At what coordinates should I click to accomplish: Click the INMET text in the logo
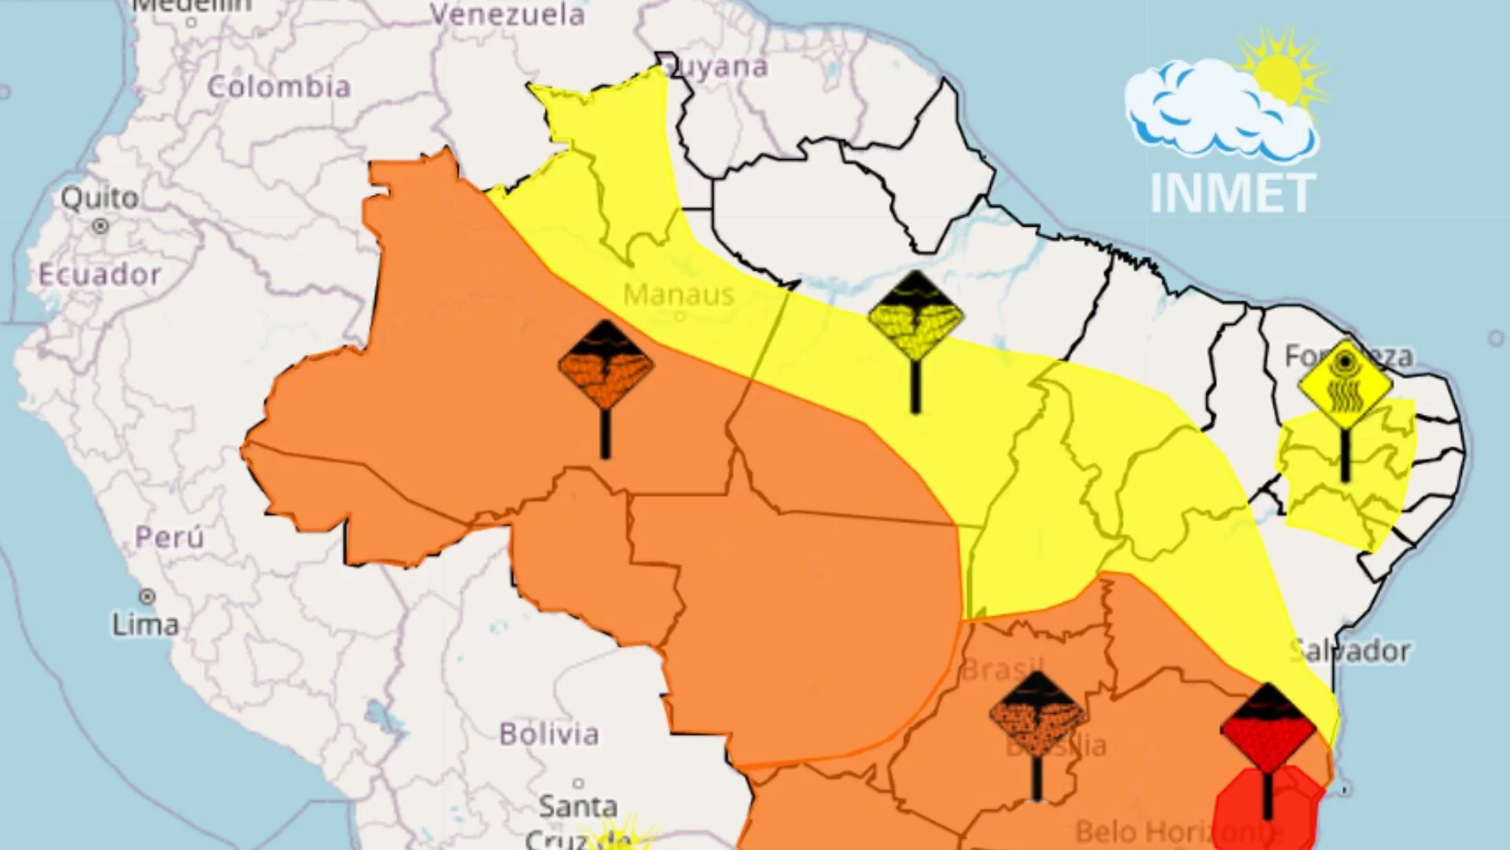pyautogui.click(x=1232, y=194)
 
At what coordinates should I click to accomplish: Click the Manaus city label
pyautogui.click(x=679, y=295)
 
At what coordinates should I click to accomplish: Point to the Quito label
pyautogui.click(x=100, y=198)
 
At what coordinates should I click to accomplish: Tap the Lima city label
pyautogui.click(x=145, y=625)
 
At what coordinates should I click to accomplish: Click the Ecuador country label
pyautogui.click(x=100, y=275)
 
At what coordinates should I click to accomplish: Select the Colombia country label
pyautogui.click(x=278, y=87)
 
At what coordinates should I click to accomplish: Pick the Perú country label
pyautogui.click(x=169, y=538)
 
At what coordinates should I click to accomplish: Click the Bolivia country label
pyautogui.click(x=549, y=734)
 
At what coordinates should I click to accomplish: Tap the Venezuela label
pyautogui.click(x=507, y=14)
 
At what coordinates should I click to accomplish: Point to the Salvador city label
pyautogui.click(x=1350, y=651)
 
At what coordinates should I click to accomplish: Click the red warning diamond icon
pyautogui.click(x=1268, y=729)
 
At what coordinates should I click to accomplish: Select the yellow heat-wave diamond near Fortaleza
pyautogui.click(x=1345, y=385)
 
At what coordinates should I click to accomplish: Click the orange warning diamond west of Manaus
pyautogui.click(x=606, y=365)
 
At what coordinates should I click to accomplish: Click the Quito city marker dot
pyautogui.click(x=100, y=227)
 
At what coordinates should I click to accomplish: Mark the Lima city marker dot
pyautogui.click(x=147, y=597)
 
